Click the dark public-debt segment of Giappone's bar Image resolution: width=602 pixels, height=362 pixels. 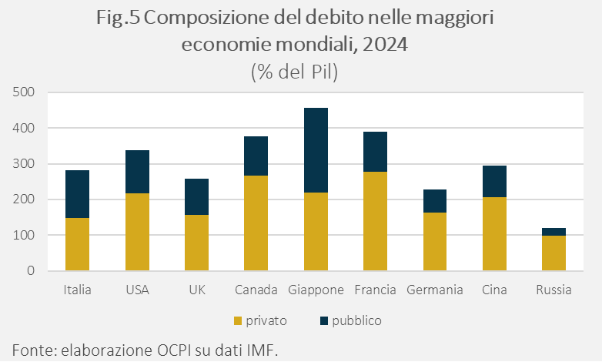316,150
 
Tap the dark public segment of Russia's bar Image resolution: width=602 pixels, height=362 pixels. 554,232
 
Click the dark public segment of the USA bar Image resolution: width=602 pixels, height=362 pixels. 137,172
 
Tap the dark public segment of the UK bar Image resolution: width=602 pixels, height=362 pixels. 196,197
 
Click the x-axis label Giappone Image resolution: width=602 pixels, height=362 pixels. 316,290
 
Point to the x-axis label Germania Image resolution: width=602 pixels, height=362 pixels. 435,290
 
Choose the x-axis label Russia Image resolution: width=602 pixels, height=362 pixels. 554,290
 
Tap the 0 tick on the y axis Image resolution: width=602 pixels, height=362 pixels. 32,271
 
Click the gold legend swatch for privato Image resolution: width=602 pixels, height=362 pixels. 238,320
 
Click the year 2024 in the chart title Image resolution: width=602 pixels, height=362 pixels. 383,45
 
